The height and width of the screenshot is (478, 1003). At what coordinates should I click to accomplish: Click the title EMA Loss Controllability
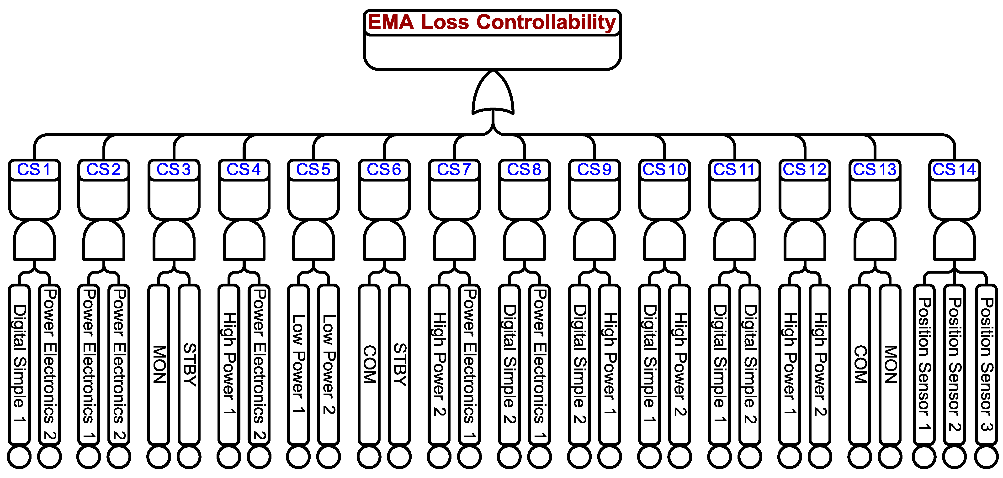(492, 22)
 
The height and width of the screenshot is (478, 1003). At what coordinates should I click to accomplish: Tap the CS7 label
(454, 170)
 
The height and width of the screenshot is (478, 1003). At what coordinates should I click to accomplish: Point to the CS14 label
(954, 170)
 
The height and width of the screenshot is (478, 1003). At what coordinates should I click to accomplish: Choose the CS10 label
(664, 170)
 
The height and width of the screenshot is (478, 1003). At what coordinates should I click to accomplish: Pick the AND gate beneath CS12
(805, 240)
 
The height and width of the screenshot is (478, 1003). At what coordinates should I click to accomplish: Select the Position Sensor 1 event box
(924, 364)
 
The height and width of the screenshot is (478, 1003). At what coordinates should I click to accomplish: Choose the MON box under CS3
(159, 364)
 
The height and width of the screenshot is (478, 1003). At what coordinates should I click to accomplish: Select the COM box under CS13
(860, 364)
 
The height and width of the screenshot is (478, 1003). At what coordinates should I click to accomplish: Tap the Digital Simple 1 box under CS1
(20, 364)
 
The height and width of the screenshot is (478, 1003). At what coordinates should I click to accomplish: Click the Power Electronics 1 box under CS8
(540, 364)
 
